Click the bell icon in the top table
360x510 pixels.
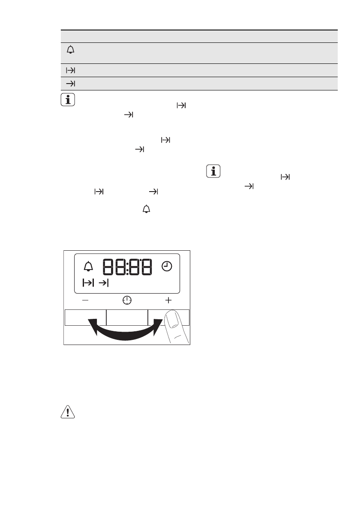[71, 50]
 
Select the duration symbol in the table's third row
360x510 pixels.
[71, 70]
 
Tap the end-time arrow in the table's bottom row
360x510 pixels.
[71, 84]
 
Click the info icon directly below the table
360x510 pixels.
[68, 99]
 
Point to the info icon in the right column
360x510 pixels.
[213, 171]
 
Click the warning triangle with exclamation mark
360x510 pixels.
[68, 412]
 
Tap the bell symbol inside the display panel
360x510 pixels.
[88, 267]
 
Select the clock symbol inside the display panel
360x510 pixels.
[167, 267]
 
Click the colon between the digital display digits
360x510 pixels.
[127, 267]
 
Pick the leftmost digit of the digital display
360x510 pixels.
[108, 267]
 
